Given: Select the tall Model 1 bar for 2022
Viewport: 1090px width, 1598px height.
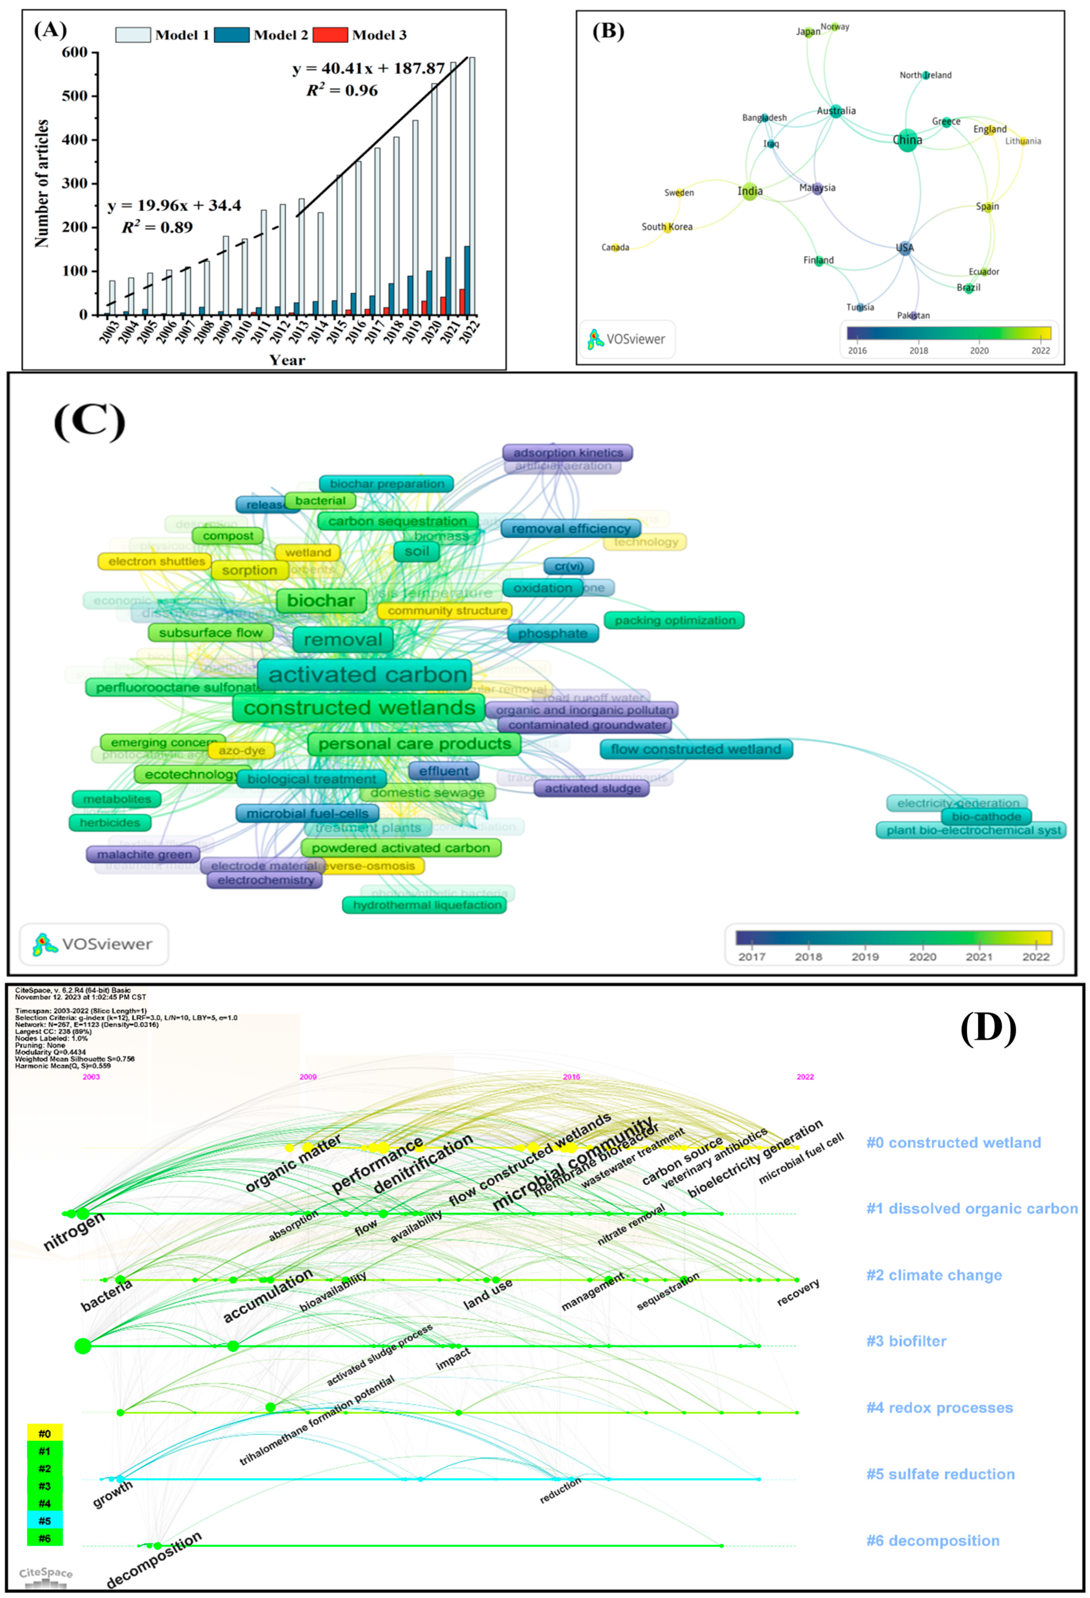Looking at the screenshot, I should coord(472,186).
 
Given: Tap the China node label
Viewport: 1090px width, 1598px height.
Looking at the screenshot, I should coord(907,140).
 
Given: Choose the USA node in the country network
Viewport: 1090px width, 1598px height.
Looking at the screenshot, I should coord(904,248).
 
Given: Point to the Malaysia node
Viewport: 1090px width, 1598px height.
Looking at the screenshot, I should coord(817,188).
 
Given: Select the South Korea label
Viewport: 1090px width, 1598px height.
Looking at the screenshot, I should coord(667,227).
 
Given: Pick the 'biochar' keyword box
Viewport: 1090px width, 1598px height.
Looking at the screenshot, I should coord(321,600).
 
